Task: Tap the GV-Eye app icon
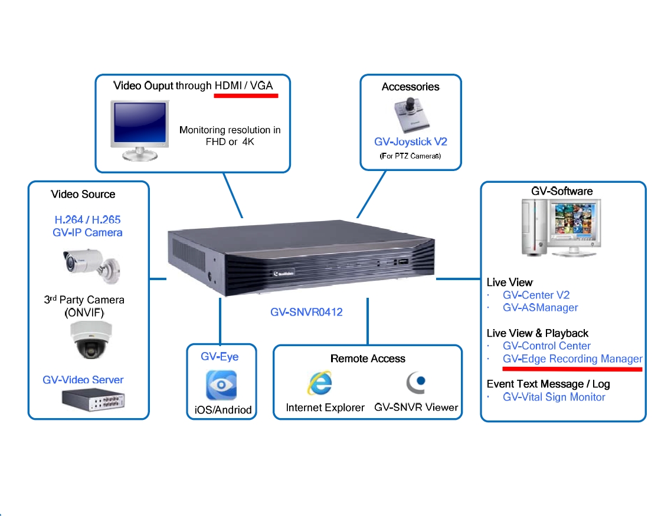coord(221,385)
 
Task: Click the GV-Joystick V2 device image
coord(411,116)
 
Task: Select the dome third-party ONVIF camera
coord(87,340)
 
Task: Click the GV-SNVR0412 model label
coord(306,312)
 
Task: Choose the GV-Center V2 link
coord(536,295)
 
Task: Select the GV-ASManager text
coord(540,307)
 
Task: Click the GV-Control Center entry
coord(546,346)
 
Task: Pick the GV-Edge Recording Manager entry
coord(572,359)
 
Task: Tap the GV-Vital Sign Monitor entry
coord(554,397)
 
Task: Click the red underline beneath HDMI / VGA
coord(246,95)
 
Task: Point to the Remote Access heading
coord(368,359)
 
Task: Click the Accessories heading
coord(410,87)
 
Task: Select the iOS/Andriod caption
coord(222,410)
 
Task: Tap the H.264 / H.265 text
coord(87,220)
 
